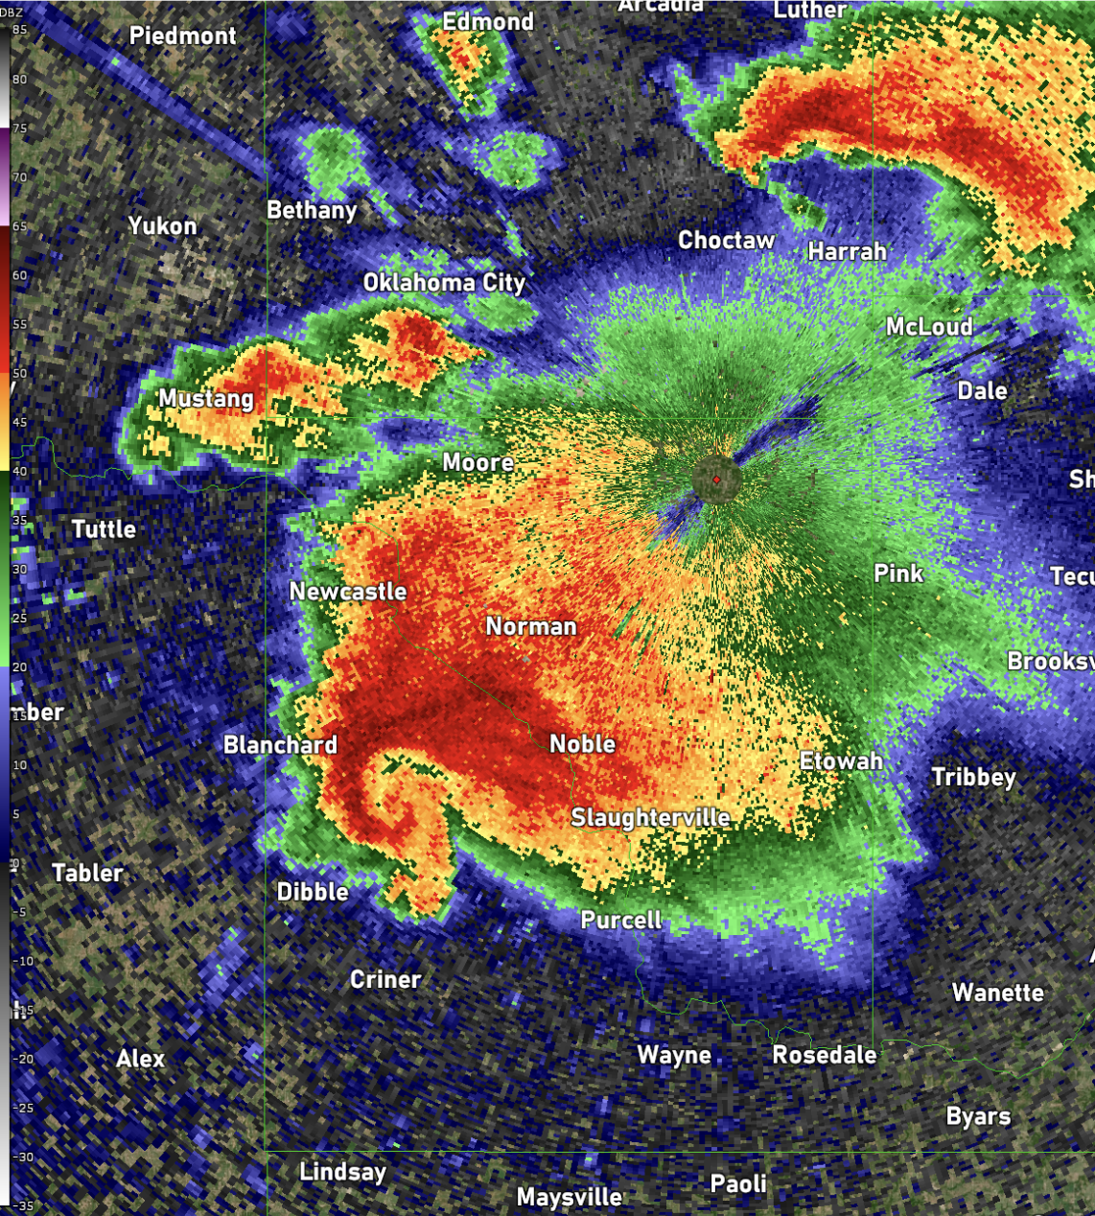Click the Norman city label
coord(531,626)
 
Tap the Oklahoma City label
coord(444,283)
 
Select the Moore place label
coord(478,462)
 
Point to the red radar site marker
coord(716,479)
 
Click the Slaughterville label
coord(650,817)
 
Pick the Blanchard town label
coord(280,745)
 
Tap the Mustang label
coord(206,399)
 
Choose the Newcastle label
coord(348,592)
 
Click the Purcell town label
coord(621,921)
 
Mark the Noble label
coord(582,744)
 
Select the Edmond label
coord(488,21)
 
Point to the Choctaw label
coord(726,241)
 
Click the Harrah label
coord(847,251)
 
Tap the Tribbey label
coord(973,777)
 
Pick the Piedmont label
coord(182,36)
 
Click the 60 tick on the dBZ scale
coord(19,275)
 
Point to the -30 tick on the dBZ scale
coord(21,1158)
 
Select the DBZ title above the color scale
coord(13,12)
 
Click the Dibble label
coord(313,892)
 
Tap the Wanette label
coord(997,993)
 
